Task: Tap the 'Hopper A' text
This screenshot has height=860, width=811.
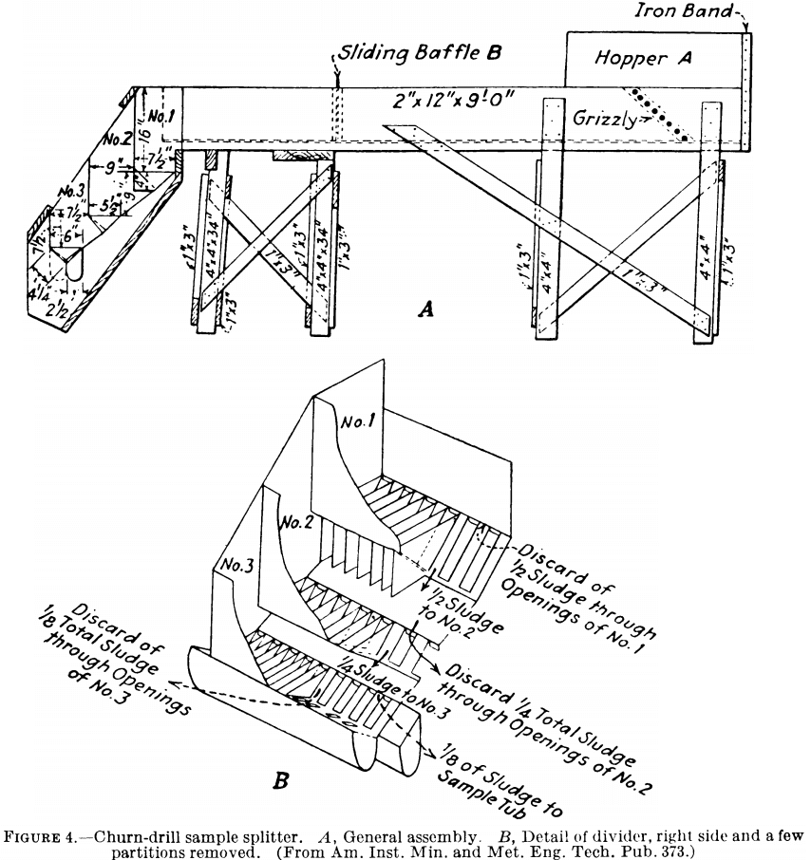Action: pyautogui.click(x=643, y=58)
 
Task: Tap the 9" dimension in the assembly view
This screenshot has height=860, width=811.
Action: pyautogui.click(x=118, y=170)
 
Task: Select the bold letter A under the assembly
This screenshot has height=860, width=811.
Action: pyautogui.click(x=425, y=308)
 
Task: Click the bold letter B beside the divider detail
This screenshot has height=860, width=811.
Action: pyautogui.click(x=281, y=781)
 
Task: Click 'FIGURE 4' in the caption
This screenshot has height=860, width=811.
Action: pyautogui.click(x=70, y=835)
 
